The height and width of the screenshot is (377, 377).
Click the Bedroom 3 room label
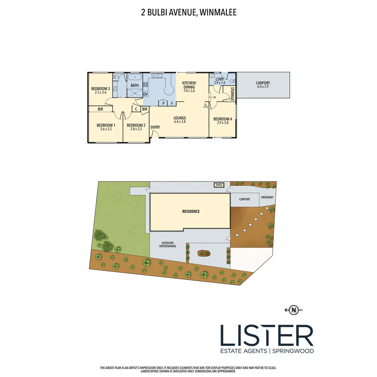click(x=101, y=89)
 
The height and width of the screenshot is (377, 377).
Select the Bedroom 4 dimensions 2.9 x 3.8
click(x=223, y=123)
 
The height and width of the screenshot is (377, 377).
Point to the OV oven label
click(x=146, y=94)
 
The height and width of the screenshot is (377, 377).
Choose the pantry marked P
click(x=163, y=103)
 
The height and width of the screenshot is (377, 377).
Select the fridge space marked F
click(x=172, y=103)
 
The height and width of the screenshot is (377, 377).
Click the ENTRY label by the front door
click(x=155, y=127)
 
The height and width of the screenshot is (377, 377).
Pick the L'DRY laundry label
click(x=220, y=79)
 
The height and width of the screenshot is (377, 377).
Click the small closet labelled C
click(x=136, y=109)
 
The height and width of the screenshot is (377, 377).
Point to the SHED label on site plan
click(x=219, y=185)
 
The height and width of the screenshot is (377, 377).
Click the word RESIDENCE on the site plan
click(x=191, y=211)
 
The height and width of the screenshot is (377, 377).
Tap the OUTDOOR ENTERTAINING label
click(x=168, y=244)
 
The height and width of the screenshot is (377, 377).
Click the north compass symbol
click(x=295, y=309)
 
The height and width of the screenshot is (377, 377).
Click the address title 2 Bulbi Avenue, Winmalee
click(x=188, y=13)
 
